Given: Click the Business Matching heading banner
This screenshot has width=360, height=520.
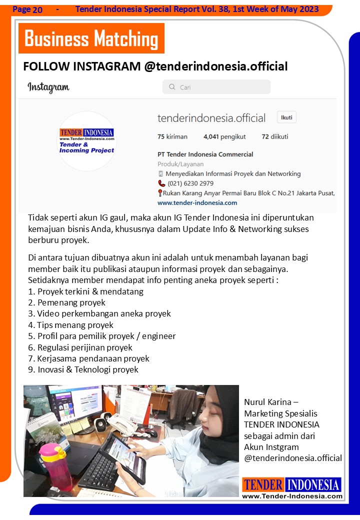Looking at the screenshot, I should pyautogui.click(x=91, y=38).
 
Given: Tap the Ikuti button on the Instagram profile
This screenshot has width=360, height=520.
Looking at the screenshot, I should pyautogui.click(x=286, y=117).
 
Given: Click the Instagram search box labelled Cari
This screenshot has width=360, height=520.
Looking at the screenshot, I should pyautogui.click(x=216, y=87).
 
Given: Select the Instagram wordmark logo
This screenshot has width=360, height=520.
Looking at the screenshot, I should pyautogui.click(x=48, y=87).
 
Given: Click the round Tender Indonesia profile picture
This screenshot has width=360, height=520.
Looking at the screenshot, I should pyautogui.click(x=87, y=141).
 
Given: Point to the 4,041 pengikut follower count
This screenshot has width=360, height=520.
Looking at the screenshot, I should pyautogui.click(x=224, y=136).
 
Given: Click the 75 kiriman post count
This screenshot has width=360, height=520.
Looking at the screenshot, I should pyautogui.click(x=172, y=136).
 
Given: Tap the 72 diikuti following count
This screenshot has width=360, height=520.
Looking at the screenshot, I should pyautogui.click(x=274, y=136).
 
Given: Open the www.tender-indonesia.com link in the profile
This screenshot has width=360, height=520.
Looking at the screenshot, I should pyautogui.click(x=197, y=203).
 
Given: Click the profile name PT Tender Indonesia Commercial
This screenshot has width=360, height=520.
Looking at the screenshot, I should pyautogui.click(x=205, y=154).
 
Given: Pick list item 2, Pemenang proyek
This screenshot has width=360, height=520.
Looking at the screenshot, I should pyautogui.click(x=66, y=302).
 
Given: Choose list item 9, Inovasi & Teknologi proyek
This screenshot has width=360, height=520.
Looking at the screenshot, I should pyautogui.click(x=83, y=370).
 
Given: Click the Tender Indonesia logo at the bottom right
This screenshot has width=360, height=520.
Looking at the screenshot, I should pyautogui.click(x=292, y=488).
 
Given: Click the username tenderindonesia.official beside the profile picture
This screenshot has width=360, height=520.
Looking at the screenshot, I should pyautogui.click(x=211, y=118).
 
